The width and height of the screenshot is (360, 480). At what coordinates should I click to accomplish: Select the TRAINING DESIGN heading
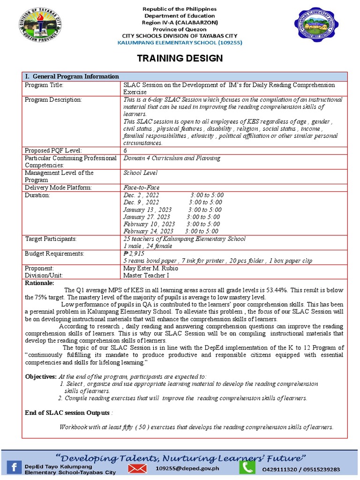(180, 58)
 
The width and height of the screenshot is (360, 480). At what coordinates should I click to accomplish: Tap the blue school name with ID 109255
(180, 43)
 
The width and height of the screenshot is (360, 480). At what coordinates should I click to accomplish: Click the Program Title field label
(44, 85)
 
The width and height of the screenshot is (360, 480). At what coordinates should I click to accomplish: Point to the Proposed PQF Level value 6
(125, 150)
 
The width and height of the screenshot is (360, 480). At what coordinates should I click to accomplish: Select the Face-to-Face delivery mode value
(141, 187)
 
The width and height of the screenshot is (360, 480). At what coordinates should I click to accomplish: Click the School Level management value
(141, 173)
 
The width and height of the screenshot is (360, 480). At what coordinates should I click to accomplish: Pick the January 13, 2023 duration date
(147, 210)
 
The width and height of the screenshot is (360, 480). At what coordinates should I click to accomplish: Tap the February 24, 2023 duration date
(148, 231)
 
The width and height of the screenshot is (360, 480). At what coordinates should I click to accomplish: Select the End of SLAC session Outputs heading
(67, 412)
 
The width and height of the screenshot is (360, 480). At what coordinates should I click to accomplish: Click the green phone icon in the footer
(247, 467)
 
